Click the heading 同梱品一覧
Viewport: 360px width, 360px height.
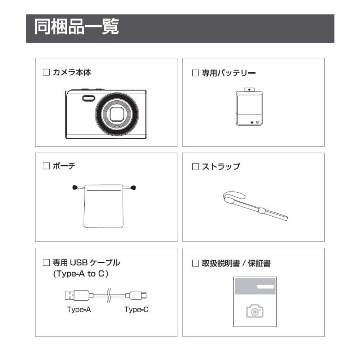[x=76, y=27]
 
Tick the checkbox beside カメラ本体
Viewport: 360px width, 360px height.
[x=46, y=72]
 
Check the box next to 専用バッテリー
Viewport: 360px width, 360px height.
[x=195, y=73]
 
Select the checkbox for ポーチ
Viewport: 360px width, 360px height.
[x=46, y=166]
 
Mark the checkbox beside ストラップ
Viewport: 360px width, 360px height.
[x=195, y=166]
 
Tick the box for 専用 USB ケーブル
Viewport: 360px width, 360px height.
[x=46, y=262]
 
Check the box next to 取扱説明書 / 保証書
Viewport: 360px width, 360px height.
[x=195, y=263]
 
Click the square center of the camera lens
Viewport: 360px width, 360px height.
[x=117, y=114]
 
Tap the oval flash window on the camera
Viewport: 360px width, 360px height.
[x=89, y=98]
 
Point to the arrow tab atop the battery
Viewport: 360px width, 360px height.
[x=249, y=90]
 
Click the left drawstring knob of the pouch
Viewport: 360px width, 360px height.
[x=75, y=187]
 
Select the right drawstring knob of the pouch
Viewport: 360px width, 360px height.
[x=133, y=188]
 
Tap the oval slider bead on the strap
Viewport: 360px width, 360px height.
[x=262, y=210]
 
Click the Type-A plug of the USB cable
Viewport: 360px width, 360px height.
[x=77, y=295]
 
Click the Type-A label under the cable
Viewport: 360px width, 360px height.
[x=79, y=310]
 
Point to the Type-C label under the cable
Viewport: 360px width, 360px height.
[x=136, y=310]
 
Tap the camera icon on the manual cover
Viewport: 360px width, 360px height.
[x=255, y=311]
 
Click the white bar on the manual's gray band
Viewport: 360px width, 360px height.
[x=266, y=287]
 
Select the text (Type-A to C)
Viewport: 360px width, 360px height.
[x=81, y=274]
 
